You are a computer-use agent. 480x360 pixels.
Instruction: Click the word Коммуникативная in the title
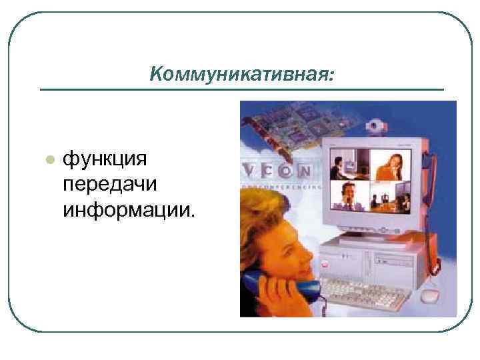pyautogui.click(x=237, y=72)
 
